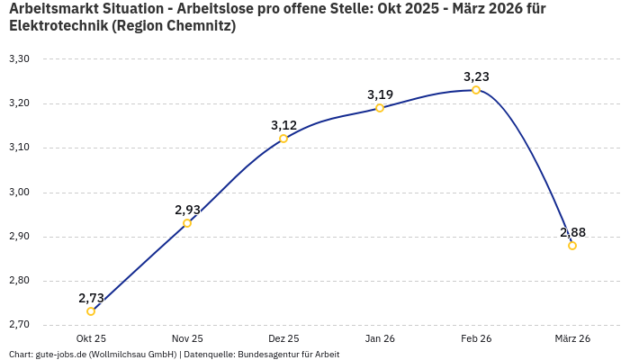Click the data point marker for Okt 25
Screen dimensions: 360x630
point(91,311)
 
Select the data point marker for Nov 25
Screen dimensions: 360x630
point(187,223)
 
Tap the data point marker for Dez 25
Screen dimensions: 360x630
point(283,139)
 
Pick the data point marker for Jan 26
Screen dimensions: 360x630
point(380,108)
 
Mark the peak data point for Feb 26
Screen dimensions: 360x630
point(476,90)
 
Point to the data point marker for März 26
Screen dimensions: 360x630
point(572,246)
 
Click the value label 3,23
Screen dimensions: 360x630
point(476,76)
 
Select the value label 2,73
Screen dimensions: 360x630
point(91,298)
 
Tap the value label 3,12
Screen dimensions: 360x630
point(283,125)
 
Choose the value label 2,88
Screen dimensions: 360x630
point(572,232)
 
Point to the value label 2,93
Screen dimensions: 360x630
point(187,210)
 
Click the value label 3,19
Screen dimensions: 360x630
point(380,94)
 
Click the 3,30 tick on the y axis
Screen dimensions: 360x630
point(19,59)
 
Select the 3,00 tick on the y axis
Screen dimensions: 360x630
point(19,193)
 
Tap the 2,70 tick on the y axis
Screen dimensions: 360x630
point(19,325)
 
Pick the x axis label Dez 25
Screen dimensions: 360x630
point(283,338)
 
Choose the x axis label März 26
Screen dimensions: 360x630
point(572,338)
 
